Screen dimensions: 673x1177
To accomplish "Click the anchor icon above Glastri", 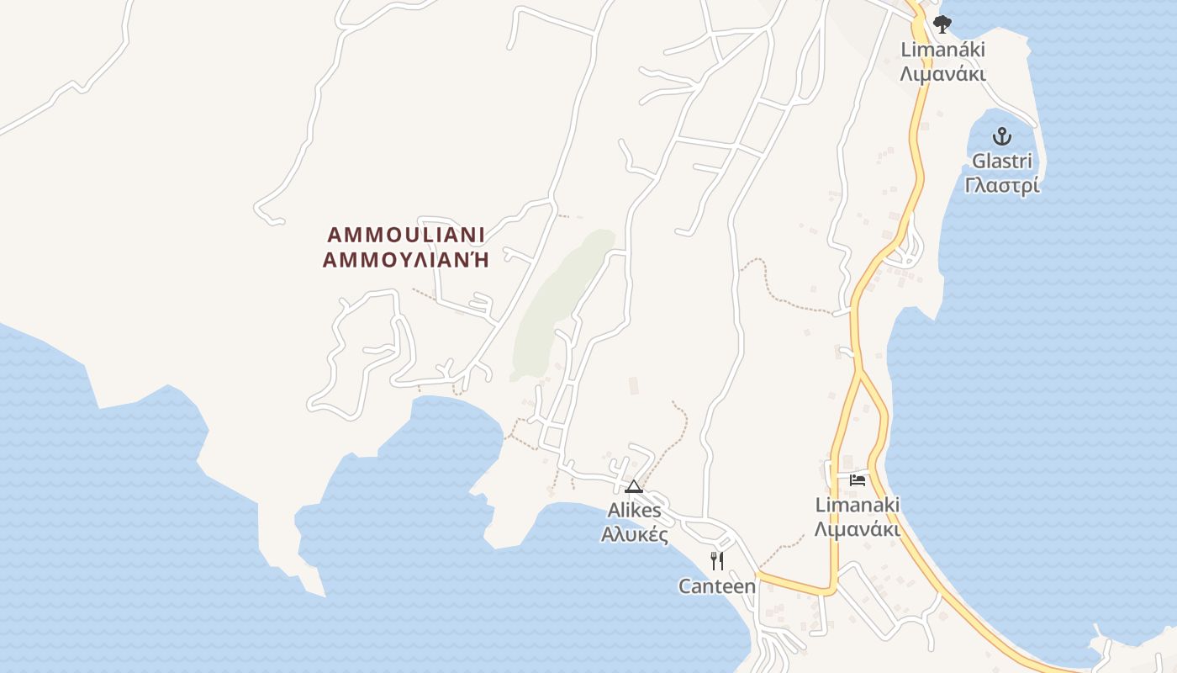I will pos(1001,135).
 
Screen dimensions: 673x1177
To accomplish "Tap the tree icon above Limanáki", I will pos(942,24).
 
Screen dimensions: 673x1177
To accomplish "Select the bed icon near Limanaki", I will pos(858,480).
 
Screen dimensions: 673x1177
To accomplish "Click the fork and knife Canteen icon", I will pos(717,561).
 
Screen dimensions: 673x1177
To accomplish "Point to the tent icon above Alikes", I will pos(634,487).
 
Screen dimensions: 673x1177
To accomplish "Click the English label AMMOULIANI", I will pos(405,235).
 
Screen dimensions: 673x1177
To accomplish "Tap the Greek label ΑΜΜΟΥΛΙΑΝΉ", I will pos(405,260).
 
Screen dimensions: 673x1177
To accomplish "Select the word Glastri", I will pos(1001,161).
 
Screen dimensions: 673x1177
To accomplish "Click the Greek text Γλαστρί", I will pos(1001,185).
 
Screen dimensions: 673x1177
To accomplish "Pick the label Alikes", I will pos(635,511).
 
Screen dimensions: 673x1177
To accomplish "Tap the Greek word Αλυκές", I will pos(635,534).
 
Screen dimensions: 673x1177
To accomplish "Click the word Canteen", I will pos(717,586).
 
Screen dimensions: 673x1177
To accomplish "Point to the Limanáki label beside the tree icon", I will pos(942,50).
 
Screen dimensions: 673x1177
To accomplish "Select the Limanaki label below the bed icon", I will pos(858,505).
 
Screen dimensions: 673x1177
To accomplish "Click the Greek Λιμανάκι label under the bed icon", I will pos(858,530).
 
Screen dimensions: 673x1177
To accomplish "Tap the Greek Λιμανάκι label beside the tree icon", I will pos(942,74).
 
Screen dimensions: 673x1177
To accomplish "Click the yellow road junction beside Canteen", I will pos(758,576).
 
